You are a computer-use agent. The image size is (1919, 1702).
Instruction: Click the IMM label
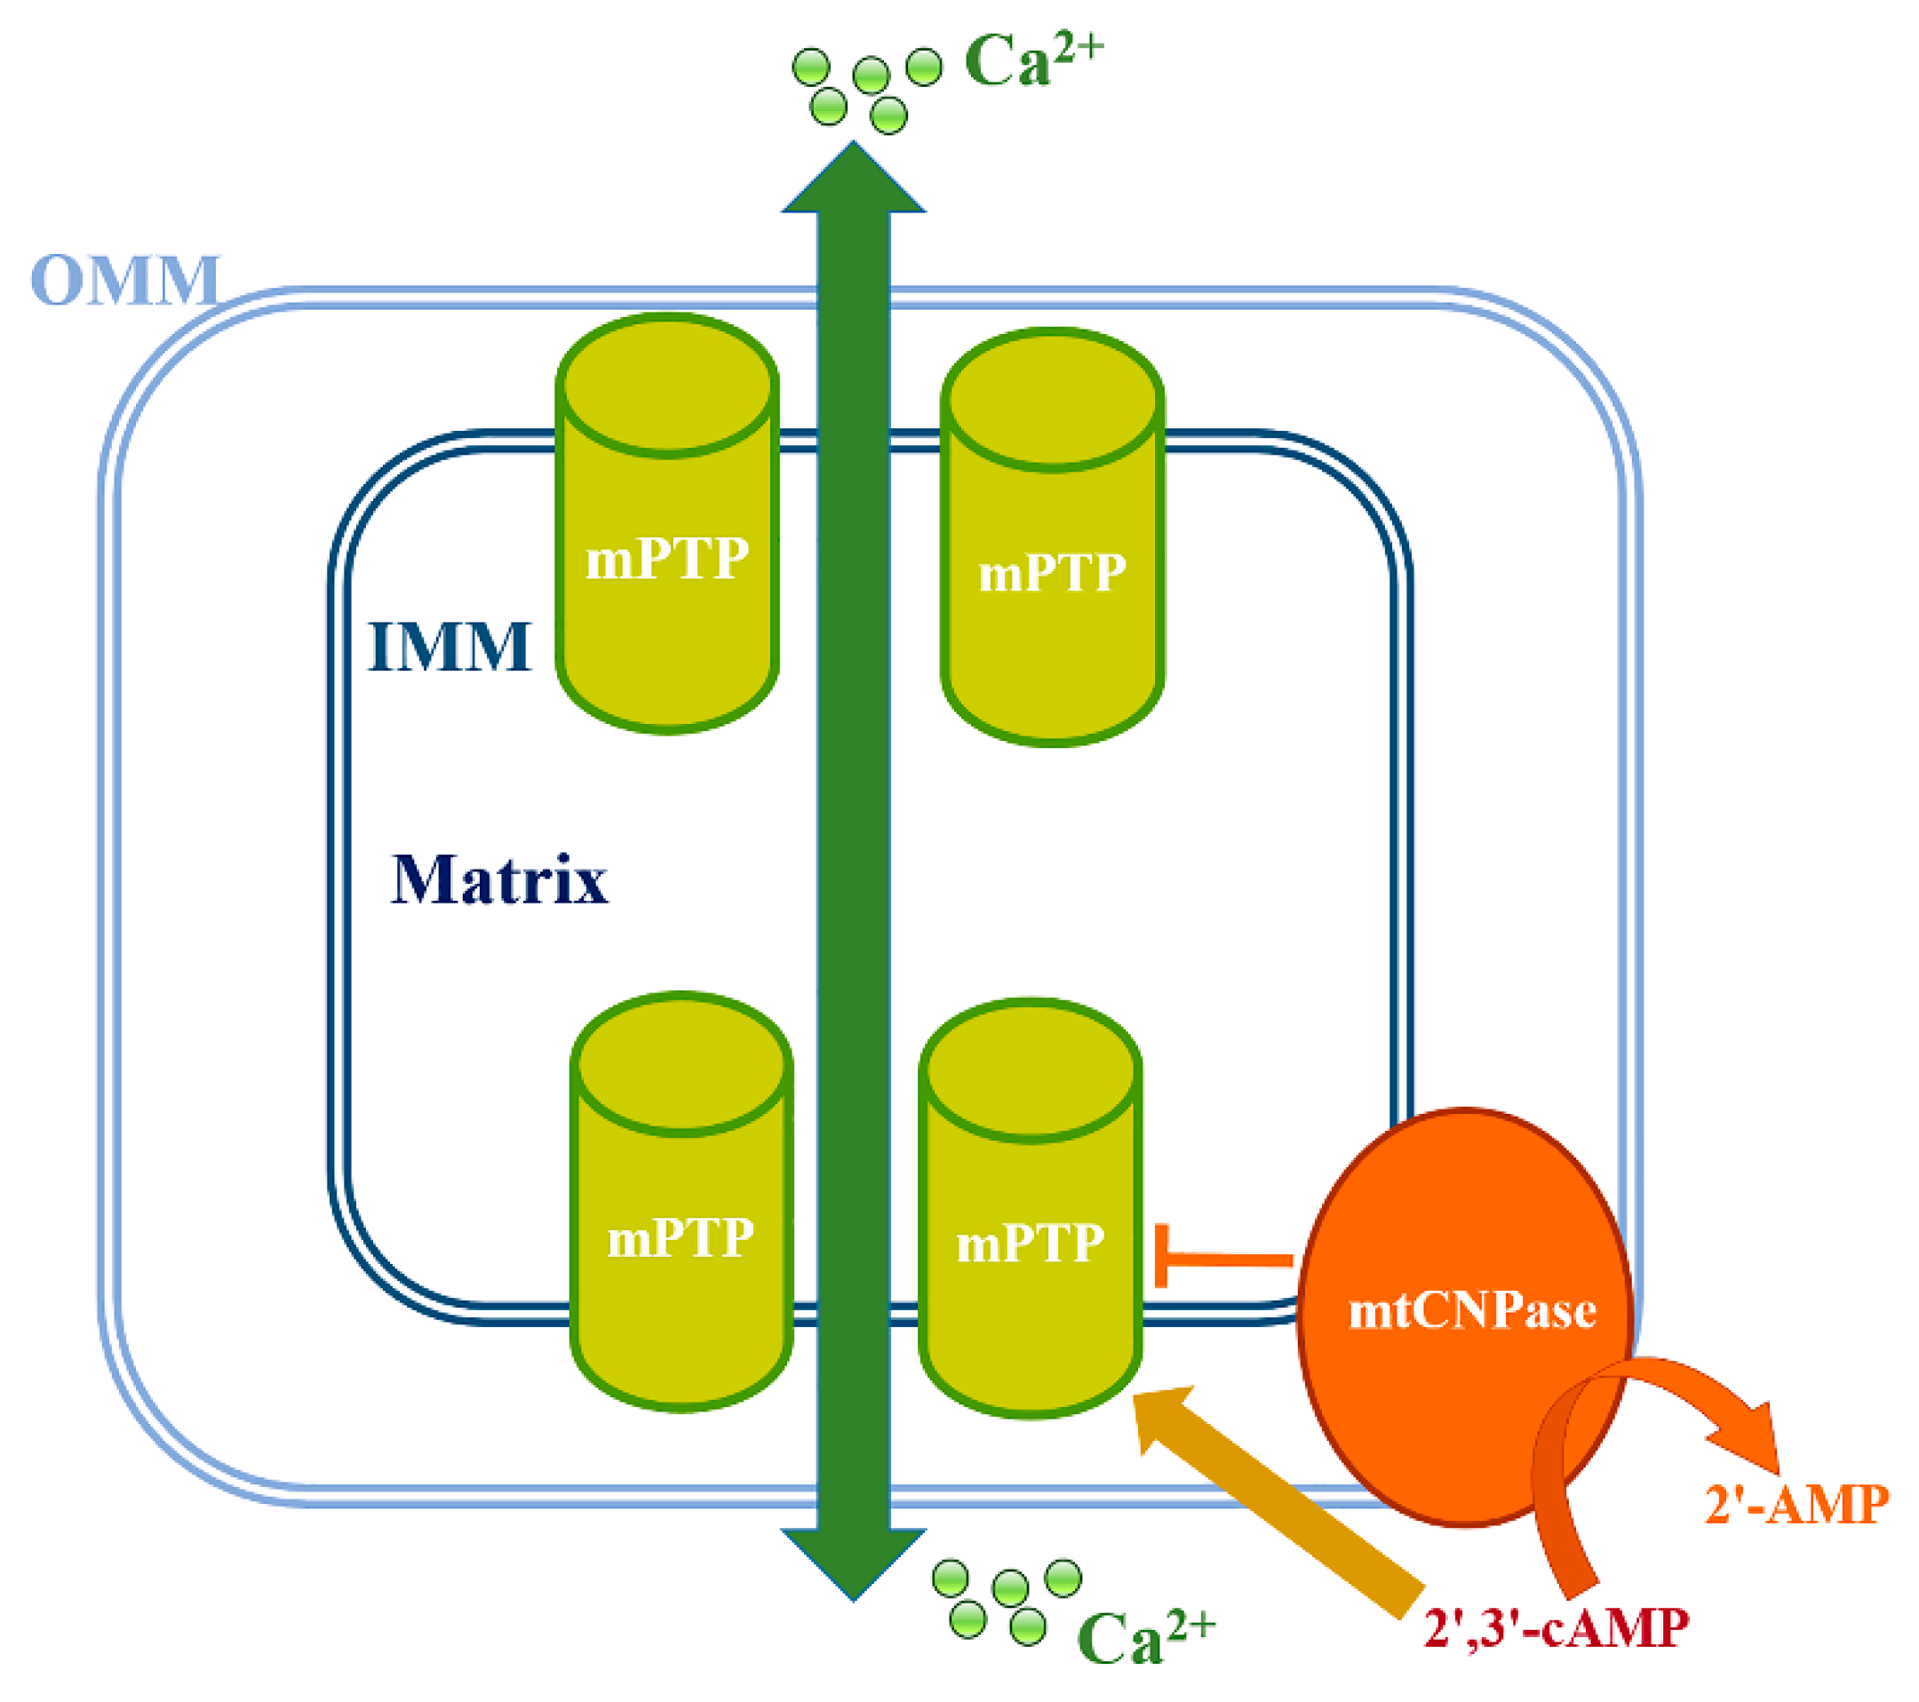[x=450, y=647]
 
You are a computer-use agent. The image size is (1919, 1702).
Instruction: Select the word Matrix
[x=498, y=879]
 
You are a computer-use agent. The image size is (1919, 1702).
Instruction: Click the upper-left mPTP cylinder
[x=667, y=563]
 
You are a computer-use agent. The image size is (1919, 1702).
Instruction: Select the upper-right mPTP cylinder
[x=1053, y=582]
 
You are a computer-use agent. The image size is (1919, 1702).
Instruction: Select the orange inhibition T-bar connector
[x=1221, y=1258]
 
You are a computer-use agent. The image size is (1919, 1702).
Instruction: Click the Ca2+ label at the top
[x=1032, y=61]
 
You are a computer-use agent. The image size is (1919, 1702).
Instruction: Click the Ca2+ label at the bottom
[x=1145, y=1638]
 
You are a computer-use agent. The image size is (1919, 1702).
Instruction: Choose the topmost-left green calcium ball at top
[x=811, y=68]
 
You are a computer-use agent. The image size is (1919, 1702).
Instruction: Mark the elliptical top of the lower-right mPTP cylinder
[x=1030, y=1070]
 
